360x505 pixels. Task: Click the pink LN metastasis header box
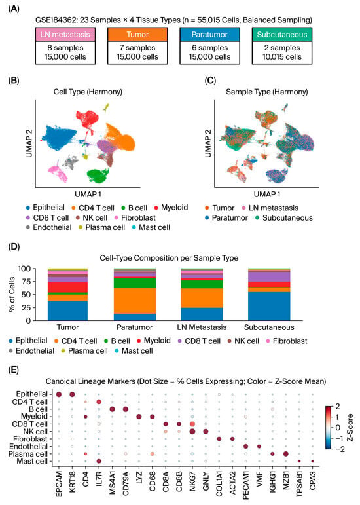click(65, 35)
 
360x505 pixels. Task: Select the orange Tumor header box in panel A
click(137, 35)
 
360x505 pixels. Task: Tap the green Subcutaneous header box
click(282, 35)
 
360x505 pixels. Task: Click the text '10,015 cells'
click(282, 57)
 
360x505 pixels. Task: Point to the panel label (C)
click(210, 80)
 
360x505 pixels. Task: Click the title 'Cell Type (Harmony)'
click(88, 92)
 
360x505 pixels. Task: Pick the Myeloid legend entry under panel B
click(171, 208)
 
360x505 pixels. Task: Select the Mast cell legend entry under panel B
click(151, 227)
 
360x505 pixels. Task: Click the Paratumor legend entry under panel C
click(226, 218)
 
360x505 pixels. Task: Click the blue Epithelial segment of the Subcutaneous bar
click(269, 307)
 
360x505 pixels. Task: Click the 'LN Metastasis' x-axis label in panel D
click(202, 327)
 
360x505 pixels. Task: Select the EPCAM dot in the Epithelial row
click(59, 394)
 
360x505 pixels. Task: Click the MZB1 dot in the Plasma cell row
click(285, 454)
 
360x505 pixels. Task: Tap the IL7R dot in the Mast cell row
click(99, 461)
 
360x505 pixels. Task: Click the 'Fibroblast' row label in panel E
click(30, 439)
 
